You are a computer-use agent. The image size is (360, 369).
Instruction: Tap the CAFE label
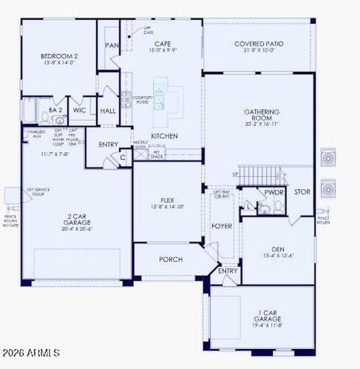point(162,44)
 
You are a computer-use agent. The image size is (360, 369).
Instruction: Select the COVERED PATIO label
point(259,44)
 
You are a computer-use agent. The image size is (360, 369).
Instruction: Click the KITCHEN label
point(164,136)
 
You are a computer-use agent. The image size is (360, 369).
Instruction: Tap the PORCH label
point(170,259)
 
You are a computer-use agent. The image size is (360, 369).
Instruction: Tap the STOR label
point(302,191)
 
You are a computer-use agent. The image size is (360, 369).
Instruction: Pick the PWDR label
point(274,192)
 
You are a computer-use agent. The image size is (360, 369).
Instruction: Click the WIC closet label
point(79,111)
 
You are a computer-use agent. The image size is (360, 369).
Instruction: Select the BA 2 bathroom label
point(55,111)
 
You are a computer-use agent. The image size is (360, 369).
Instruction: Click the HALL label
point(108,111)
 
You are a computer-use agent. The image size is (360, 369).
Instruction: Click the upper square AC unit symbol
point(328,158)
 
